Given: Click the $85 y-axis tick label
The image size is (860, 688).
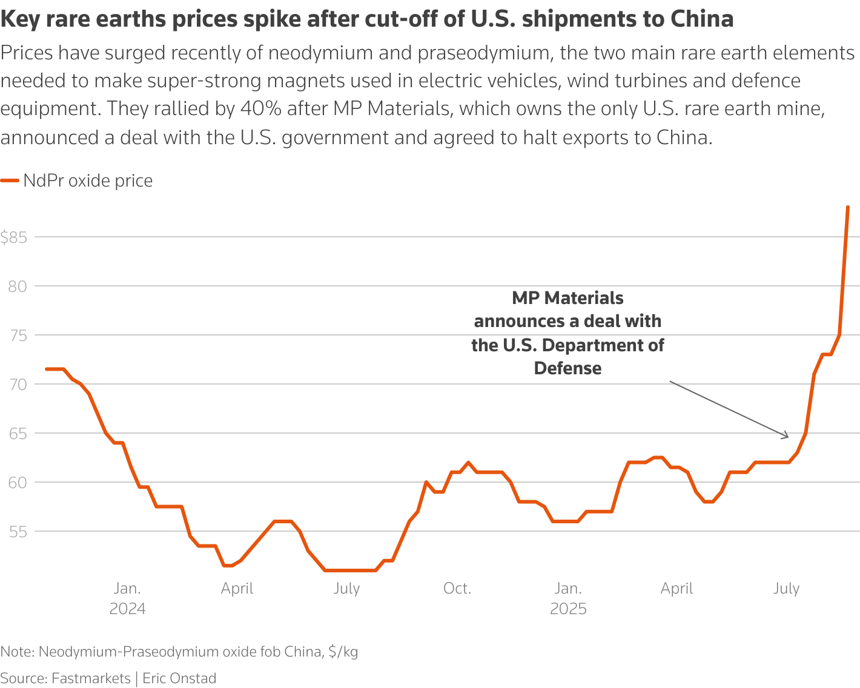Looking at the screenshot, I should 13,237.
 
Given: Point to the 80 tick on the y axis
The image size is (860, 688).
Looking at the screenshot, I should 18,286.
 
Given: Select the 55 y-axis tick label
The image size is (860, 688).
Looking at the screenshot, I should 18,532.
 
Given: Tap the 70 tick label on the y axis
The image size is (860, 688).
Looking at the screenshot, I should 18,385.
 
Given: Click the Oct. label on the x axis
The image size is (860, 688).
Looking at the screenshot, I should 457,589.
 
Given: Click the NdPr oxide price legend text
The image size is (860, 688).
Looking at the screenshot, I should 88,180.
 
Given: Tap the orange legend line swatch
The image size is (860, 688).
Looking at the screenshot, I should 10,180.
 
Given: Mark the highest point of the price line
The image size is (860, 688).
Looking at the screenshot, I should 847,207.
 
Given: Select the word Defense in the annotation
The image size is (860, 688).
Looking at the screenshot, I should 567,368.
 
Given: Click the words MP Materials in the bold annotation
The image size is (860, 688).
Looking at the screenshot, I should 567,298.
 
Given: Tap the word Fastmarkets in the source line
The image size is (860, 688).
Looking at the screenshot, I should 91,678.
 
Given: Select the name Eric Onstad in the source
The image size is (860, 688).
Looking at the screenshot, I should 179,678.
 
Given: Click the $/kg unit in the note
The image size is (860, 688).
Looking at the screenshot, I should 343,652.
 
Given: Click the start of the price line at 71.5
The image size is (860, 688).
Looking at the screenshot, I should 47,369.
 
